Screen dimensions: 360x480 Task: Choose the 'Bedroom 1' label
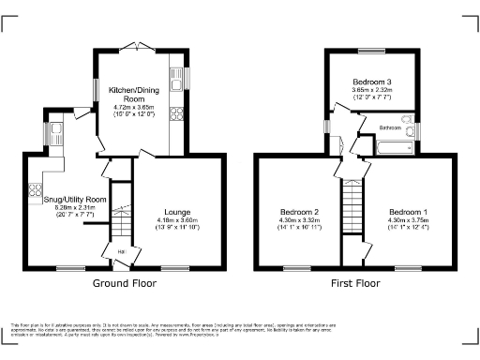410,212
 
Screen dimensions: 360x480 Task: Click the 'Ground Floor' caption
124,282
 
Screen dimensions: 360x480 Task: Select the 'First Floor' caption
354,282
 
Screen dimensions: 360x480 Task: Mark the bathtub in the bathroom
395,146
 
